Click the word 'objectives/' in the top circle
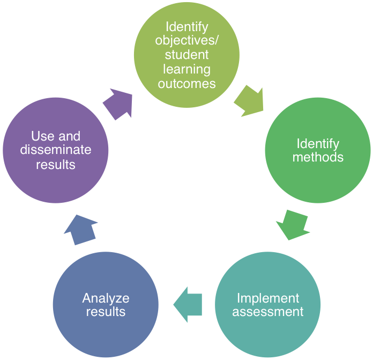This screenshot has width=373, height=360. pos(186,40)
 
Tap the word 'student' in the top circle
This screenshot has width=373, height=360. pos(186,55)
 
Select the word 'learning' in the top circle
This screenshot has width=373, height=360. pos(186,69)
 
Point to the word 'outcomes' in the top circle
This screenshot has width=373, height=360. pos(186,84)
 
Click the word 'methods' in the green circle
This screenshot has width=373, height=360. pos(318,158)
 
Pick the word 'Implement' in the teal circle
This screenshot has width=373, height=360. pos(268,298)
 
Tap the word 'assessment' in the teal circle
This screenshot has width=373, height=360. pos(268,312)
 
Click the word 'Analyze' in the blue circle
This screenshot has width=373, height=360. pos(106,298)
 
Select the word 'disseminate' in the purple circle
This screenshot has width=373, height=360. pos(56,150)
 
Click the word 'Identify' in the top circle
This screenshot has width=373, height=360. pos(186,26)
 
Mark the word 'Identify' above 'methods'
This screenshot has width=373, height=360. pos(318,144)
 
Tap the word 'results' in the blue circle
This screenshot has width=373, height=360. pos(106,312)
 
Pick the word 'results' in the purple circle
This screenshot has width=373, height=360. pos(56,165)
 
